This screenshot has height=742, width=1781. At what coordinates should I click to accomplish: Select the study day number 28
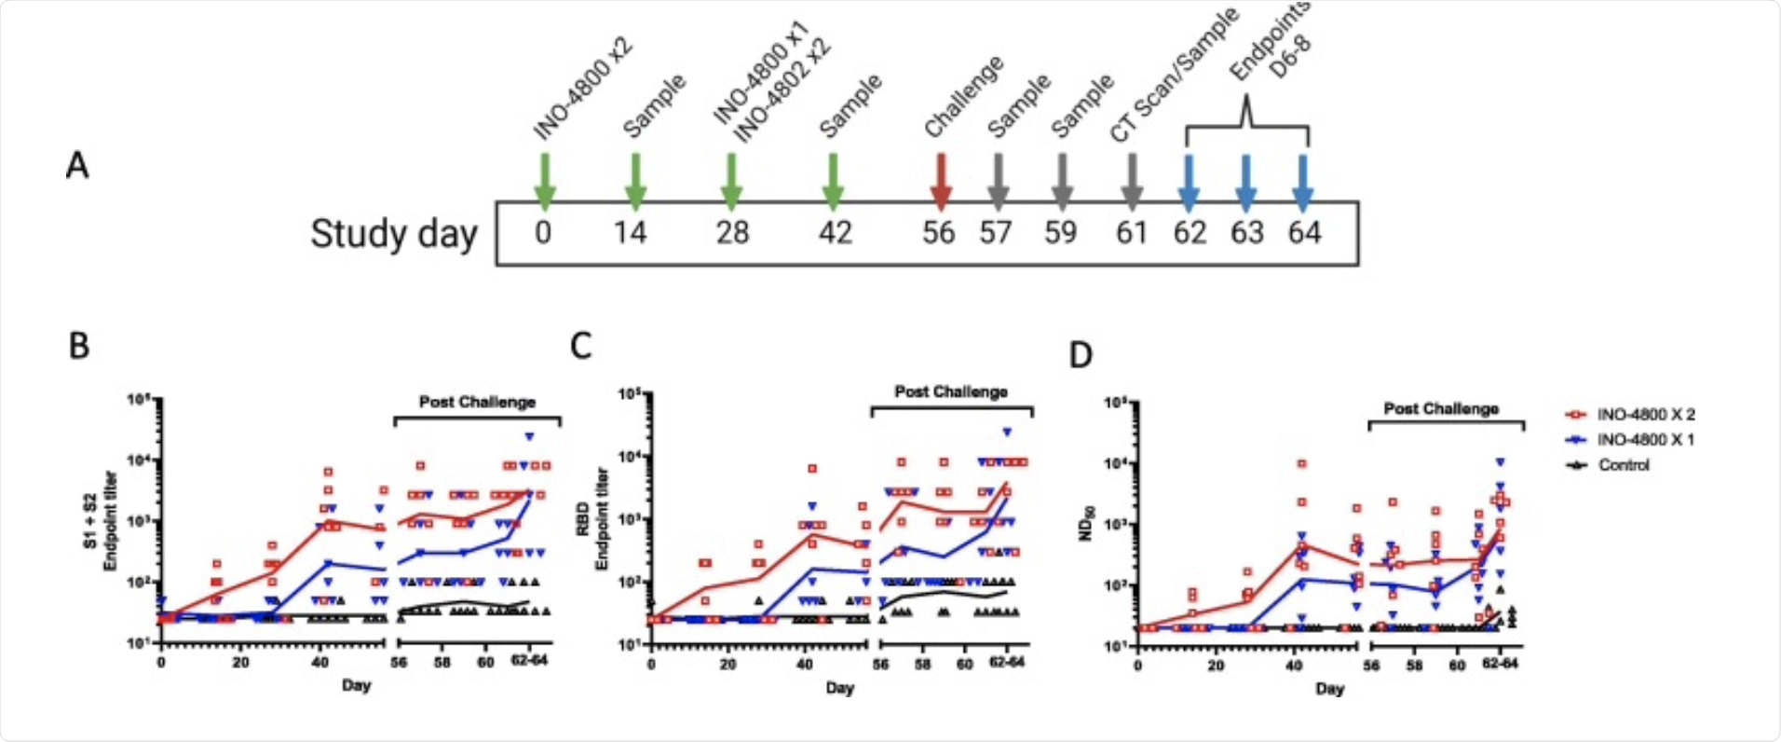(x=732, y=232)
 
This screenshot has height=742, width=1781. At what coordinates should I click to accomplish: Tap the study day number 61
(x=1132, y=232)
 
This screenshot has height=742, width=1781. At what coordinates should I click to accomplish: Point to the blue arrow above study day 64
(x=1303, y=181)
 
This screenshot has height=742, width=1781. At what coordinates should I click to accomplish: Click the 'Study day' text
(x=393, y=233)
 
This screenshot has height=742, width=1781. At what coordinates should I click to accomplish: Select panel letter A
(x=77, y=166)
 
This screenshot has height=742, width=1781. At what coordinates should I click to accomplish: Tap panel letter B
(x=79, y=346)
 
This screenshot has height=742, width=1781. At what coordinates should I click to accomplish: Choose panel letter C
(x=580, y=346)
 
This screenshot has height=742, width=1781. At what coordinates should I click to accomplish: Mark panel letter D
(x=1081, y=355)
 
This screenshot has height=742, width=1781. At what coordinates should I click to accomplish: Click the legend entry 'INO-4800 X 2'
(x=1645, y=415)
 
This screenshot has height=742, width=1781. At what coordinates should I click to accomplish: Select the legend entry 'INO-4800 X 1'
(x=1645, y=439)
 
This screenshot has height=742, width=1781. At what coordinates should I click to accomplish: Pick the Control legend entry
(x=1623, y=464)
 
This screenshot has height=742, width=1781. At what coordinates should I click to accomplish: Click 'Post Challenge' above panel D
(x=1441, y=408)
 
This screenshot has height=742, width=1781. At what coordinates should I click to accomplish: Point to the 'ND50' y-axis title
(x=1087, y=523)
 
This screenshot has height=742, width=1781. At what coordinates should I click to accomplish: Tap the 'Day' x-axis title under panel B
(x=356, y=685)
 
